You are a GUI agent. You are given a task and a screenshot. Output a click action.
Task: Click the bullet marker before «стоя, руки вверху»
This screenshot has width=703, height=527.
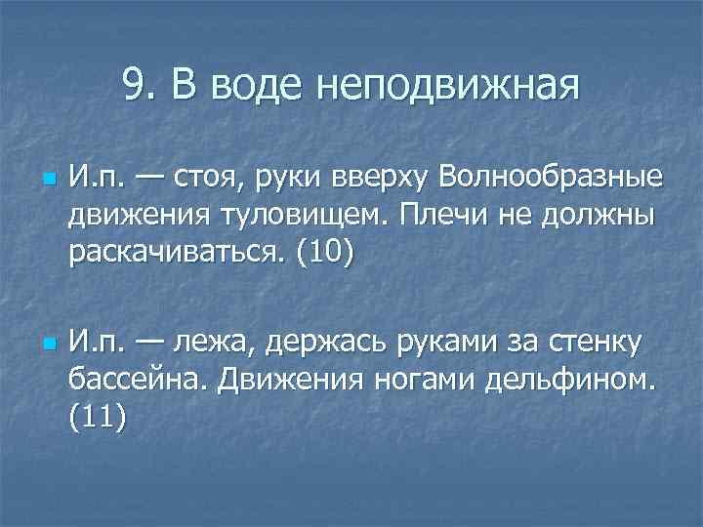click(47, 182)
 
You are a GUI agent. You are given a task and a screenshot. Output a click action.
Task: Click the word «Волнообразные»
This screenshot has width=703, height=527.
click(552, 180)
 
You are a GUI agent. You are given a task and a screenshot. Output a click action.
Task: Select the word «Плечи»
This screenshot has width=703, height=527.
click(442, 216)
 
